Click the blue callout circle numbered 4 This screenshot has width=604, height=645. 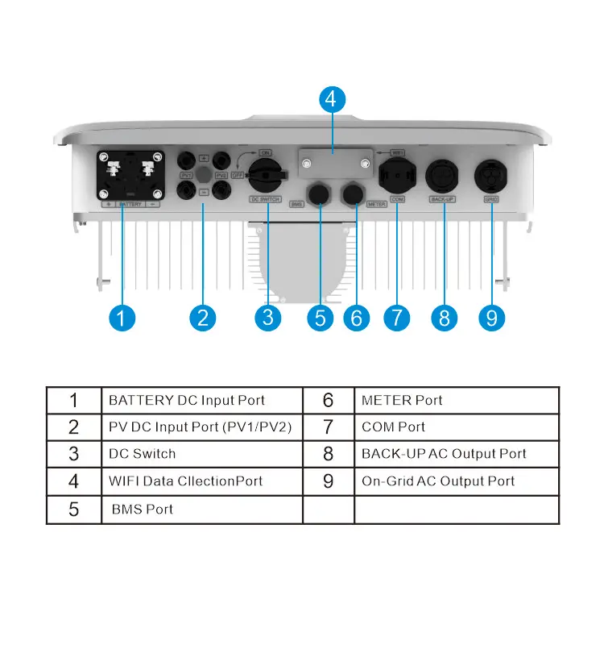(332, 100)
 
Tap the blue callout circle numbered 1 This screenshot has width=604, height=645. (121, 317)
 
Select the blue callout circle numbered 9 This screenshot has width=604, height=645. (491, 317)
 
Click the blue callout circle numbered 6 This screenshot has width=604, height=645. (357, 317)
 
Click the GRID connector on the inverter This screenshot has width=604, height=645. (490, 175)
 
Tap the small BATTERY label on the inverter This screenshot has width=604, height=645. (130, 205)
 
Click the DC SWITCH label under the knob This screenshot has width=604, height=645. (265, 199)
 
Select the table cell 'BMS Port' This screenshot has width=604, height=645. (143, 509)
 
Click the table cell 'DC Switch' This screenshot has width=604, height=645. (143, 454)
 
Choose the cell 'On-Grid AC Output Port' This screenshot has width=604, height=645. (438, 481)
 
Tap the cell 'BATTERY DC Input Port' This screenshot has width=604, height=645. (187, 400)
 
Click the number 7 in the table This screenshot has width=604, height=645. (328, 427)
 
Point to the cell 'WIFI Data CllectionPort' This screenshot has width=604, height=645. (186, 481)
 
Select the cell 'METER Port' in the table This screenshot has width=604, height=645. (402, 400)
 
